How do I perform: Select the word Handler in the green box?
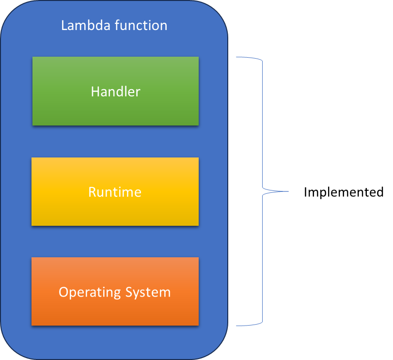pyautogui.click(x=115, y=92)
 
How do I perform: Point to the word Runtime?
pyautogui.click(x=115, y=192)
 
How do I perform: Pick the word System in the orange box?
pyautogui.click(x=148, y=292)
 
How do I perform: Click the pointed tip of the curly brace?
pyautogui.click(x=288, y=191)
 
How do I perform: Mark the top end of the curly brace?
pyautogui.click(x=236, y=58)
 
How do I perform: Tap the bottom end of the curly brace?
pyautogui.click(x=236, y=326)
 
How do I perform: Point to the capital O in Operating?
pyautogui.click(x=63, y=292)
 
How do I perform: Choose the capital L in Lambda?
pyautogui.click(x=64, y=25)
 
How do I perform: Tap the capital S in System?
pyautogui.click(x=129, y=292)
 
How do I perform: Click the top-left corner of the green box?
pyautogui.click(x=32, y=57)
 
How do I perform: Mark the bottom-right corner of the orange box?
pyautogui.click(x=199, y=325)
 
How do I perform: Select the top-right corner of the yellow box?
pyautogui.click(x=199, y=157)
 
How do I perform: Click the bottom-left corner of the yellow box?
pyautogui.click(x=31, y=225)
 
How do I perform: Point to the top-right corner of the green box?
pyautogui.click(x=199, y=57)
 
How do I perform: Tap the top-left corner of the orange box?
pyautogui.click(x=31, y=257)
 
